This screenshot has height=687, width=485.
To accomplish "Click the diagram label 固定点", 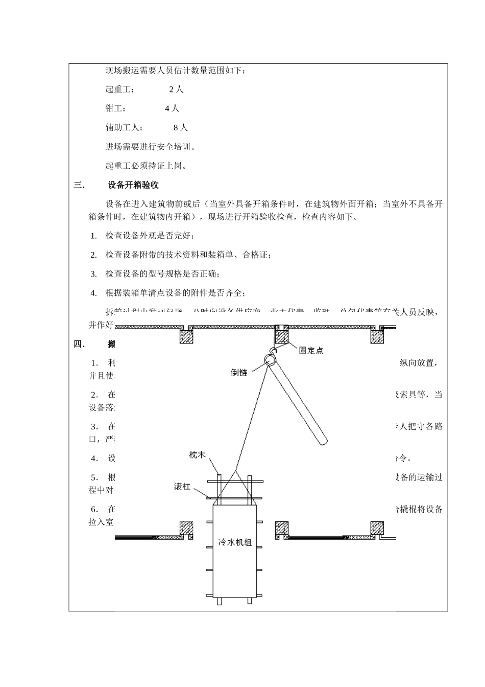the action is click(311, 351).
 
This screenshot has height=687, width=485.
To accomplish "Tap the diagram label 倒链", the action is click(238, 373).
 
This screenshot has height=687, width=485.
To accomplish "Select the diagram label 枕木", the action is click(197, 454).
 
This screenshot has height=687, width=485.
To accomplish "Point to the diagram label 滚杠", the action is click(182, 487).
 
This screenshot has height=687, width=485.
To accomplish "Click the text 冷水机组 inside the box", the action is click(235, 542).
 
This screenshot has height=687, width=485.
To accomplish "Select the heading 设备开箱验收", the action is click(133, 185).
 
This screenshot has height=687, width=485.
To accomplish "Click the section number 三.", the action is click(79, 185).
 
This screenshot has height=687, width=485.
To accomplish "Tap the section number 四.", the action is click(79, 344).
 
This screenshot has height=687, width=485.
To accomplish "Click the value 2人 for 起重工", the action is click(176, 89).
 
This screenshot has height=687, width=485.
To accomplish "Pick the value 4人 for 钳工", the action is click(172, 108).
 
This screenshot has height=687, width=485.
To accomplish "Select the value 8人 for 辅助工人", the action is click(181, 127).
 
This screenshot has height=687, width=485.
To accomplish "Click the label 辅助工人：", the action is click(125, 127).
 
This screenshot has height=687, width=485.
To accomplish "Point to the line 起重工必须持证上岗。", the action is click(147, 166).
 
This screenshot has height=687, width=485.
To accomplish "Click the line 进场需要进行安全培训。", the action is click(151, 147).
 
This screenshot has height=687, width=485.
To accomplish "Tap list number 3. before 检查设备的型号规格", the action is click(93, 274).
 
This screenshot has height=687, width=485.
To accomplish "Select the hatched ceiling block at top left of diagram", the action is click(186, 335).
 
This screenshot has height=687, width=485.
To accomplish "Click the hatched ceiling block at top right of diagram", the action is click(378, 335).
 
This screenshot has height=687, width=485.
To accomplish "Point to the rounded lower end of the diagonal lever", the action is click(322, 439).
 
